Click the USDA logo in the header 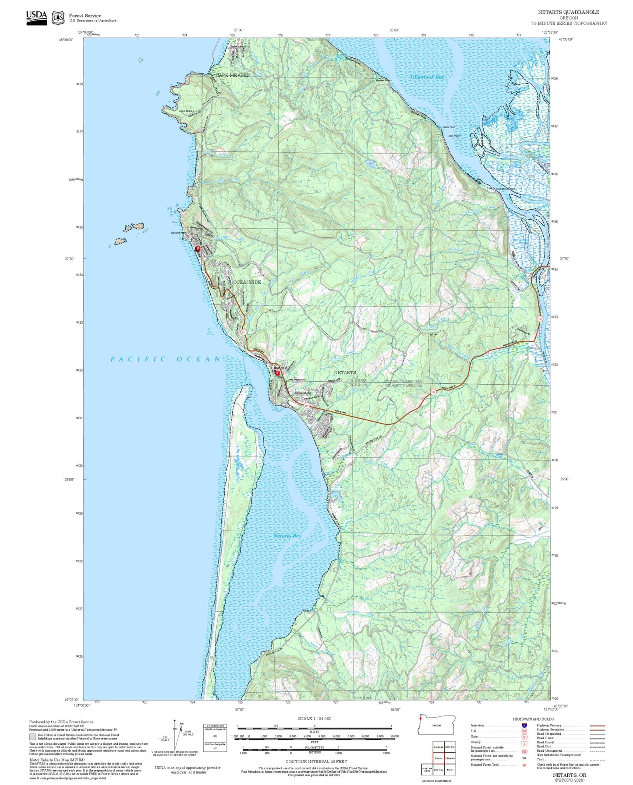tap(36, 17)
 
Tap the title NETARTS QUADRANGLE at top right tap(568, 12)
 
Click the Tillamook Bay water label tap(426, 77)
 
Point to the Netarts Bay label tap(287, 536)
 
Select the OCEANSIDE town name tap(247, 282)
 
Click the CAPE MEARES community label tap(233, 75)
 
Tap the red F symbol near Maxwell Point tap(198, 249)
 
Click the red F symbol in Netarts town tap(277, 373)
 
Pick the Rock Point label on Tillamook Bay tap(449, 127)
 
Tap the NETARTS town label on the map tap(345, 372)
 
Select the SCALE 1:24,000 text tap(314, 718)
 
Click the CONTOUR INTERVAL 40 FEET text tap(316, 761)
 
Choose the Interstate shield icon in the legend tap(524, 725)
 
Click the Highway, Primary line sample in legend tap(597, 725)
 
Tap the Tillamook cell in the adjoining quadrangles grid tap(449, 758)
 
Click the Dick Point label tap(454, 136)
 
